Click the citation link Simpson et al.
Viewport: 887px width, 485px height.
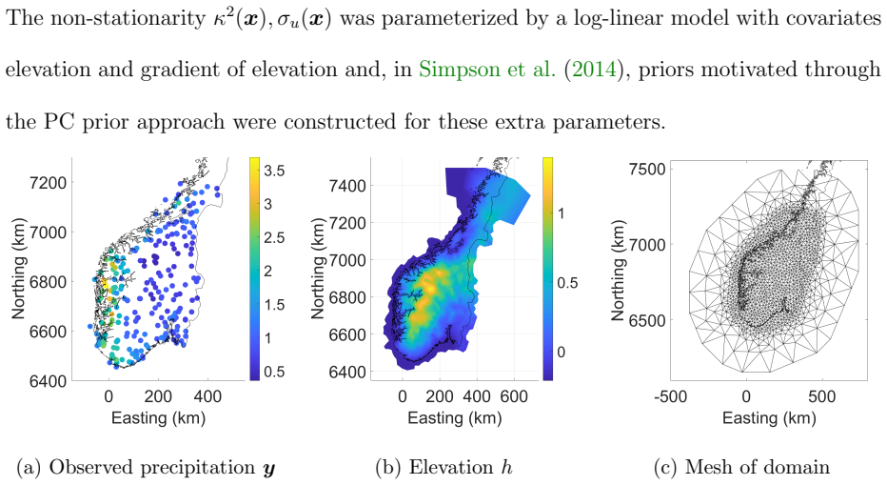pyautogui.click(x=487, y=70)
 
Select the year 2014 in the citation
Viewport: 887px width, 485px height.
pyautogui.click(x=594, y=70)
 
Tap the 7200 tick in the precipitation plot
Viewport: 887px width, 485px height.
pyautogui.click(x=49, y=183)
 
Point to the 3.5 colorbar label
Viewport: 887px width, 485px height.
pyautogui.click(x=274, y=171)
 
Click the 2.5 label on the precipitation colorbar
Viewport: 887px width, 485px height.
pyautogui.click(x=274, y=237)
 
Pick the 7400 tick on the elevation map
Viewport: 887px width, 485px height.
pyautogui.click(x=347, y=185)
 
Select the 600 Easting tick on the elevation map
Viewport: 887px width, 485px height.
pyautogui.click(x=514, y=396)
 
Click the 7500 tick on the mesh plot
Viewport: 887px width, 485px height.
pyautogui.click(x=647, y=169)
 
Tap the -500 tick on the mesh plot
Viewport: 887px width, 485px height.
pyautogui.click(x=670, y=396)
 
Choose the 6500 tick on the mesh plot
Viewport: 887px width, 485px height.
pyautogui.click(x=647, y=320)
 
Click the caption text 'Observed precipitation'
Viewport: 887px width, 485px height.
pyautogui.click(x=152, y=468)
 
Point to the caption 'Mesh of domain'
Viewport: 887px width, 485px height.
pyautogui.click(x=758, y=468)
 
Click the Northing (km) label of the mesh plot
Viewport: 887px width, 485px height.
pyautogui.click(x=619, y=271)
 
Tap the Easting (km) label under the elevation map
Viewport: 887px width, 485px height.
pyautogui.click(x=455, y=418)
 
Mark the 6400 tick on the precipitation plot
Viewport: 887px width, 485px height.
pyautogui.click(x=49, y=381)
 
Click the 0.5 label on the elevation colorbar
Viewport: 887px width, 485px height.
pyautogui.click(x=567, y=282)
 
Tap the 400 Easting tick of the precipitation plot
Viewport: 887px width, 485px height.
pyautogui.click(x=207, y=396)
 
